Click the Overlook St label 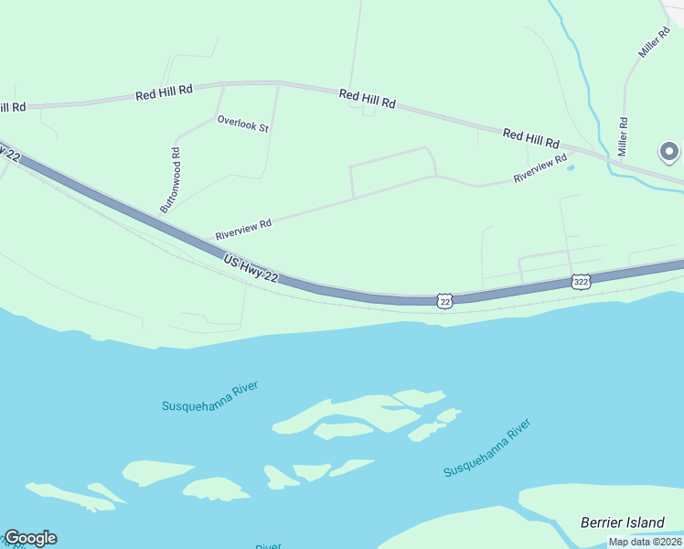click(242, 124)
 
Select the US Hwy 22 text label click(251, 269)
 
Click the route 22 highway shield click(444, 300)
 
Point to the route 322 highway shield click(581, 282)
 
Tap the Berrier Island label click(623, 522)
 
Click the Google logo click(30, 538)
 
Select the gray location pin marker click(669, 153)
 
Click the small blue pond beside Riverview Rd click(571, 167)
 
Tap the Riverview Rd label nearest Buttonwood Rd click(244, 229)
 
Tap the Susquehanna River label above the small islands click(210, 398)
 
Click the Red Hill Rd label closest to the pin click(530, 139)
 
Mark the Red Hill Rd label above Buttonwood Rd click(165, 91)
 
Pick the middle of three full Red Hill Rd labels click(367, 99)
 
